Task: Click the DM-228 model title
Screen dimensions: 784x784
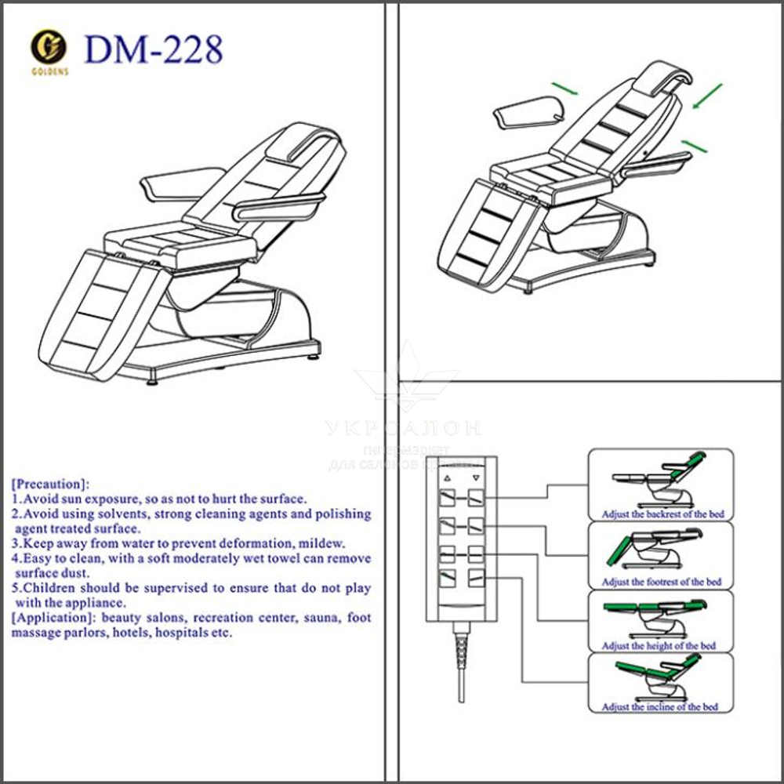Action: [154, 49]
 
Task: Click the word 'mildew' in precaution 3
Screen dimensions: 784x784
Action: [321, 543]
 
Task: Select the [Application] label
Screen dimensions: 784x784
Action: [53, 618]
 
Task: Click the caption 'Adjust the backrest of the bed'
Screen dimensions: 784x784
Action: [662, 514]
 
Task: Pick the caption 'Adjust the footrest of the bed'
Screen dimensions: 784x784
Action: [662, 582]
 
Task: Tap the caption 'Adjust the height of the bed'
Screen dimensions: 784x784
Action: [659, 646]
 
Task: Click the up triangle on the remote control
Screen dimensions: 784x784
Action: [447, 477]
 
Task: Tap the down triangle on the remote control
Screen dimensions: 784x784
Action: [474, 477]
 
